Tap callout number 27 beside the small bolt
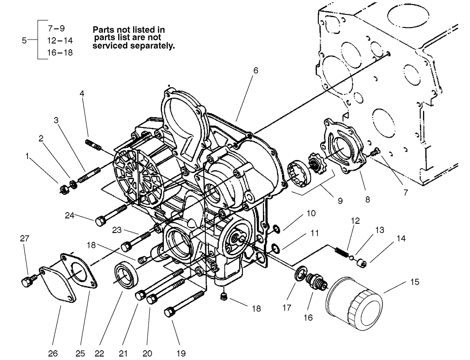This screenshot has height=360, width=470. point(24,239)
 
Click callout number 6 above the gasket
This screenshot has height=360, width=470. point(255,71)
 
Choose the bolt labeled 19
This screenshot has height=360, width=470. point(184,304)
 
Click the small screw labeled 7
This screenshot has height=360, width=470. point(376,152)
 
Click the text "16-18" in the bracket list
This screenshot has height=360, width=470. point(60,53)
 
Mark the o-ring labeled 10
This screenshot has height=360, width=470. point(276,228)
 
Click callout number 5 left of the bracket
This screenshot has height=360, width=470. point(24,40)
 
